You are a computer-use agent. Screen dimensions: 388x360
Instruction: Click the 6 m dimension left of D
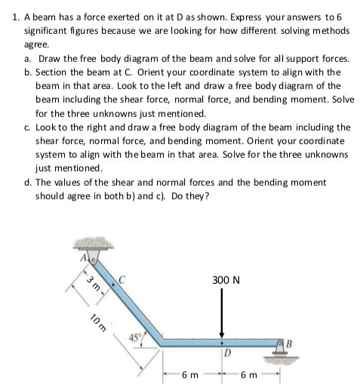(190, 374)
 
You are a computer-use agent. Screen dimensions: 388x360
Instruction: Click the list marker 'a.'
(28, 58)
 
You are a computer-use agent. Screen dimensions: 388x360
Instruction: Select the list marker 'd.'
(28, 180)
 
